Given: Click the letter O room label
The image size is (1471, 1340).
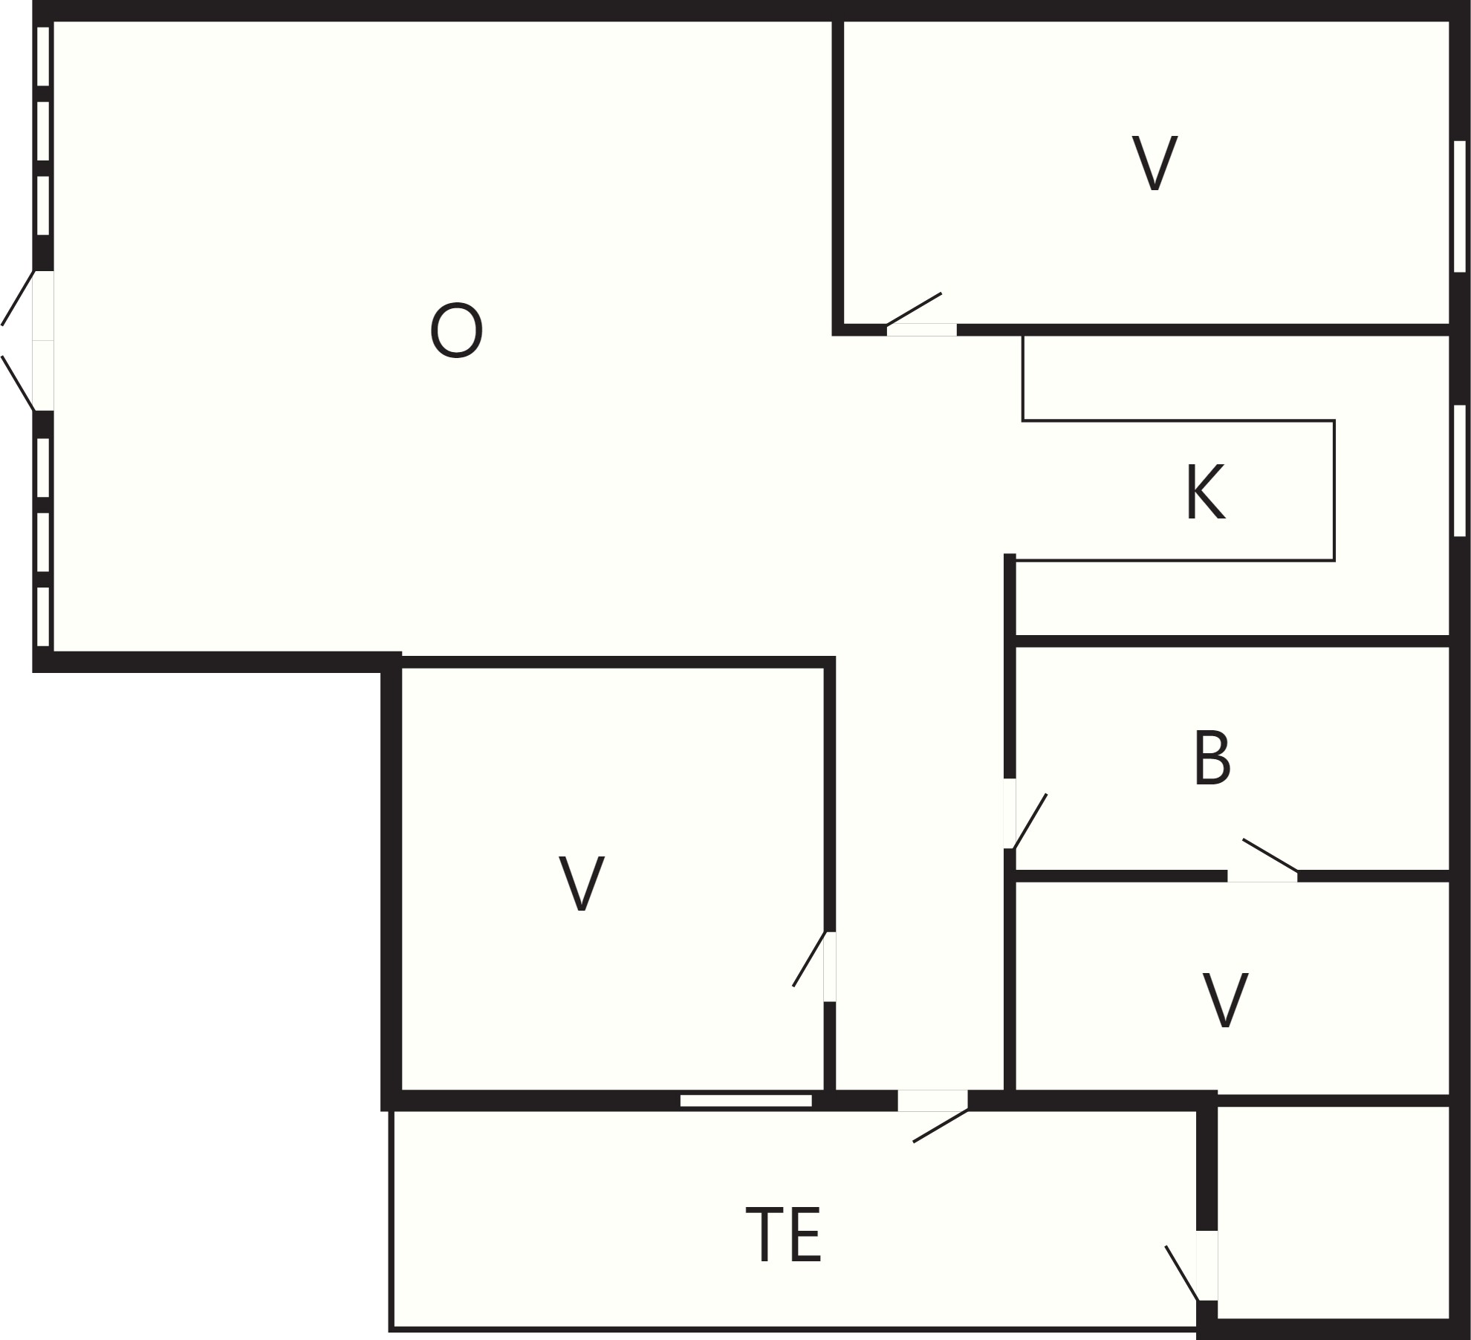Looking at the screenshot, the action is tap(456, 331).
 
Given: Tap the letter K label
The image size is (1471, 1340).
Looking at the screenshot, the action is tap(1205, 492).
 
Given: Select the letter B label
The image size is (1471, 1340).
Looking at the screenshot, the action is tap(1212, 758).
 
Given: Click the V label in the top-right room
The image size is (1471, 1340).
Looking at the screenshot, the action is tap(1155, 163).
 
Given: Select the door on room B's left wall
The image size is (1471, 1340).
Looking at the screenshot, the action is tap(1025, 813).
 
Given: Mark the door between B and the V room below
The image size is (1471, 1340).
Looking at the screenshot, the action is tap(1262, 861).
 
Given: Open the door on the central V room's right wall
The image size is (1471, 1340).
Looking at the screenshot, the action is tap(814, 966).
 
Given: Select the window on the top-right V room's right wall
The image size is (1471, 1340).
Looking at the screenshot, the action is tap(1460, 206).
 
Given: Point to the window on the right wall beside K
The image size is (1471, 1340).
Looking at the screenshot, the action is tap(1460, 470).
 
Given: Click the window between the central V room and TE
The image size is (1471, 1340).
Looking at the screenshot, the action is tap(746, 1101).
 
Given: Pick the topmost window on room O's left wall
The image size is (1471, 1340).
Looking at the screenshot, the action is tap(43, 56).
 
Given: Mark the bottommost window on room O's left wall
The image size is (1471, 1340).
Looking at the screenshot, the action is tap(43, 617).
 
